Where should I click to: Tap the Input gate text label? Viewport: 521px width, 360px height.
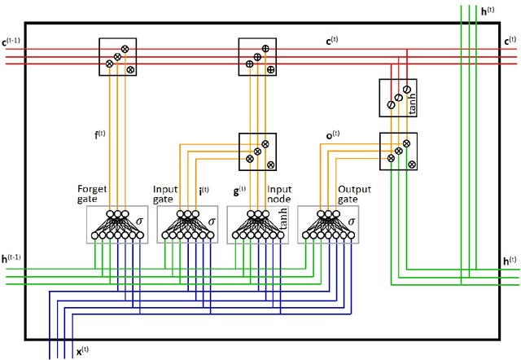[165, 195]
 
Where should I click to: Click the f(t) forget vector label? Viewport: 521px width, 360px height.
[99, 134]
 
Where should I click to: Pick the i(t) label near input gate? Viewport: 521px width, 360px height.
[204, 192]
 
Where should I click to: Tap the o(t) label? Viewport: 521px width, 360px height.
[331, 134]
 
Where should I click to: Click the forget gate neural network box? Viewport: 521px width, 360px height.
[117, 225]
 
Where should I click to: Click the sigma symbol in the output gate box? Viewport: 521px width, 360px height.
[351, 220]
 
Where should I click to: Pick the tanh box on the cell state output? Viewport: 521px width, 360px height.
[398, 97]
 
